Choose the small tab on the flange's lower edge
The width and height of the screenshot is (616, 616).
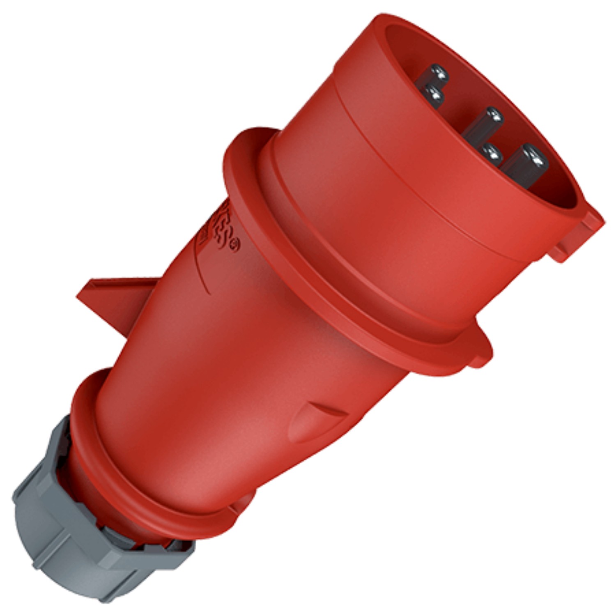point(480,353)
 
